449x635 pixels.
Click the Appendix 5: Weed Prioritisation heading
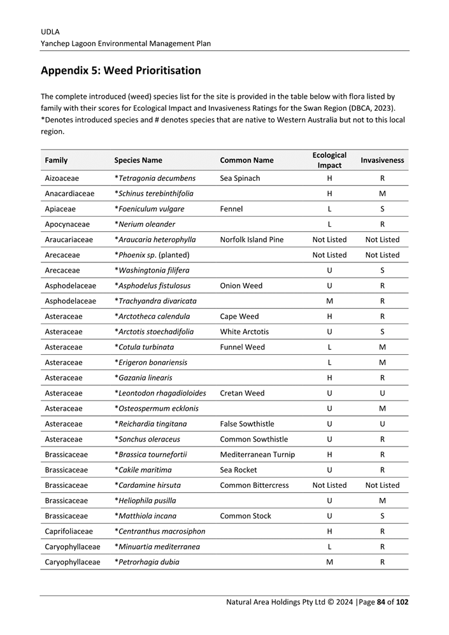coord(120,71)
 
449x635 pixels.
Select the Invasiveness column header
coord(382,161)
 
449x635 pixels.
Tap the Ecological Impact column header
coord(329,160)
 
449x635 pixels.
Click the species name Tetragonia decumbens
coord(155,178)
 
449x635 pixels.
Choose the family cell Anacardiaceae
coord(69,194)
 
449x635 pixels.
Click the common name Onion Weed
coord(241,286)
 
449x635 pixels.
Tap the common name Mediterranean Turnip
coord(257,455)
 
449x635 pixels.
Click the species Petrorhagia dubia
coord(146,562)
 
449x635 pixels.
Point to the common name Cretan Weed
coord(242,394)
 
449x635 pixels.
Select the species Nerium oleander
coord(145,224)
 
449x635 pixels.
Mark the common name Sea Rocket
coord(238,470)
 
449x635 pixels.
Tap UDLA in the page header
coord(50,31)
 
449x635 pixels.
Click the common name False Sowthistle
coord(247,424)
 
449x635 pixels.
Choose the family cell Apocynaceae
coord(68,224)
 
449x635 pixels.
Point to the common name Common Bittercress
coord(254,485)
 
